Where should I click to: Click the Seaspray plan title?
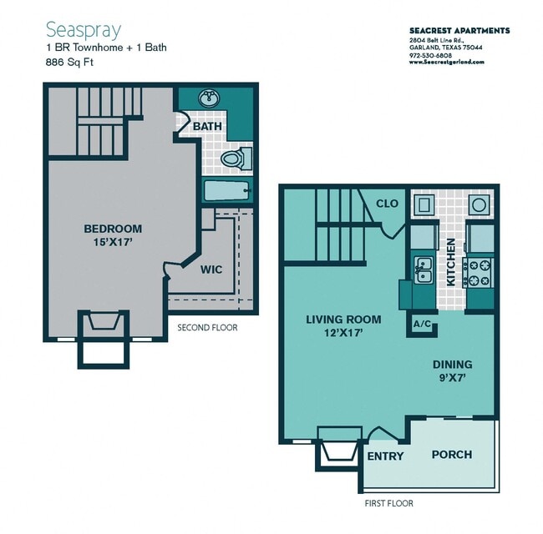click(83, 30)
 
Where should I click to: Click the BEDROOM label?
click(113, 229)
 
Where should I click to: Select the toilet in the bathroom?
click(233, 157)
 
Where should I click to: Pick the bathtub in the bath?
click(227, 189)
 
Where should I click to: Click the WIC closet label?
click(211, 270)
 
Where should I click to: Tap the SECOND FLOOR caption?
click(207, 328)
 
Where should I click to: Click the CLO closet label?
click(387, 204)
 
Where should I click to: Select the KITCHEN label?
click(450, 262)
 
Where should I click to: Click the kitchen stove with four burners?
click(479, 270)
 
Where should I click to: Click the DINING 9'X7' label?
click(452, 370)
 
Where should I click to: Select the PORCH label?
click(451, 455)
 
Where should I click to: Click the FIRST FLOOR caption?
click(388, 503)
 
